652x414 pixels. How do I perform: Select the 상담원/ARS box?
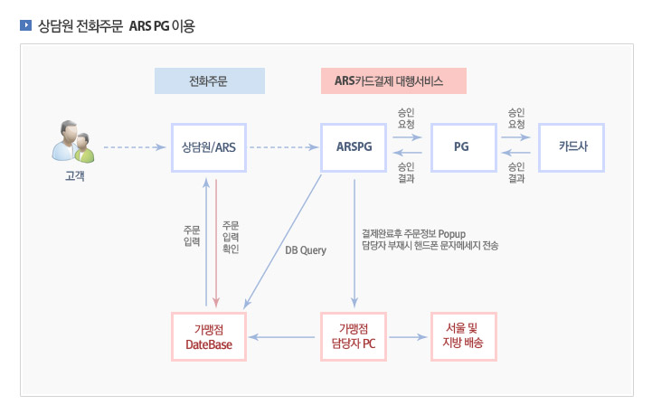[209, 146]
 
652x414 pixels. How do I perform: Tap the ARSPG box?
[354, 146]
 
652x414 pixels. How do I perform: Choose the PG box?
[462, 146]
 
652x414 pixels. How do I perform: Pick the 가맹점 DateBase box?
[209, 336]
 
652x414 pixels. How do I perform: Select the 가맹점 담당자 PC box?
[354, 336]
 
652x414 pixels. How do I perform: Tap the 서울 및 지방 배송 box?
[462, 336]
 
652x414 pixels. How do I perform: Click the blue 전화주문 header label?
[209, 81]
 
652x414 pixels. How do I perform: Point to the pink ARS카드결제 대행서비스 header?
[392, 81]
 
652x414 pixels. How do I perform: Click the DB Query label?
[306, 249]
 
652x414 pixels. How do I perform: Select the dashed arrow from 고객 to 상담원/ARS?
[136, 146]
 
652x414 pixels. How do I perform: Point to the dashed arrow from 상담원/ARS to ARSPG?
[283, 146]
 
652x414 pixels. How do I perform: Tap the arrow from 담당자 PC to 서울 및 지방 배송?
[408, 336]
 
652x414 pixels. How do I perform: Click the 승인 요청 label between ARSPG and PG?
[407, 118]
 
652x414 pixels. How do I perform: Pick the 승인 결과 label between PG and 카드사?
[517, 173]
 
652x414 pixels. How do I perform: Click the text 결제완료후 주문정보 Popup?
[412, 234]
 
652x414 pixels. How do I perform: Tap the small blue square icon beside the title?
[24, 25]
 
